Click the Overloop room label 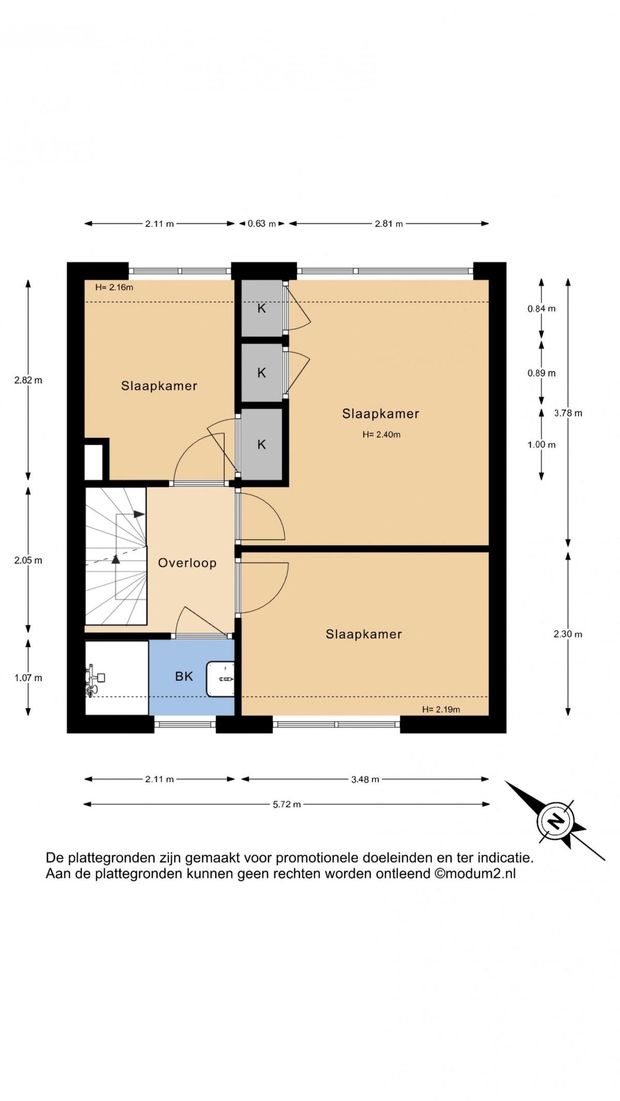pyautogui.click(x=187, y=563)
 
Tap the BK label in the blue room pyautogui.click(x=184, y=677)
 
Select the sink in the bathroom pyautogui.click(x=221, y=679)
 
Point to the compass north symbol pyautogui.click(x=555, y=821)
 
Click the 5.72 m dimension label pyautogui.click(x=287, y=804)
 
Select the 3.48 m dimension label pyautogui.click(x=365, y=779)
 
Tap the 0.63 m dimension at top pyautogui.click(x=262, y=224)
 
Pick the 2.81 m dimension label pyautogui.click(x=389, y=224)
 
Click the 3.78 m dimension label pyautogui.click(x=568, y=413)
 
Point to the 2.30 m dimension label pyautogui.click(x=568, y=634)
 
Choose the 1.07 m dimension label pyautogui.click(x=28, y=678)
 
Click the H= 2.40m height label pyautogui.click(x=381, y=435)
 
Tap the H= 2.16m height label pyautogui.click(x=114, y=288)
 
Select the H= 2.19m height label pyautogui.click(x=441, y=710)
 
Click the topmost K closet pyautogui.click(x=262, y=308)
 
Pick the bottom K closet pyautogui.click(x=262, y=444)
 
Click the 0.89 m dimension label pyautogui.click(x=541, y=373)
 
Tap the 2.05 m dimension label pyautogui.click(x=28, y=560)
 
